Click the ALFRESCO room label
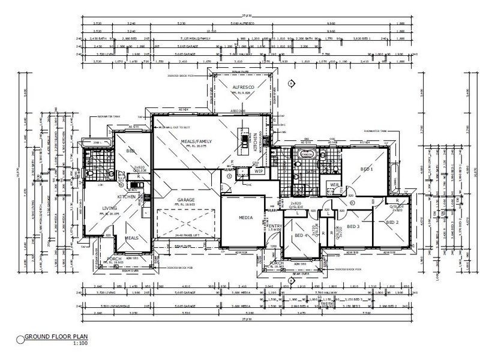[244, 88]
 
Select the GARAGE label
[186, 199]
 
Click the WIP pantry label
[259, 171]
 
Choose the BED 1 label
[367, 169]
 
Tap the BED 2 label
[392, 223]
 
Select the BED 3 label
[353, 226]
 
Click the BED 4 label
[301, 235]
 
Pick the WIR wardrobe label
[334, 185]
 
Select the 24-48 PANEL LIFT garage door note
[186, 236]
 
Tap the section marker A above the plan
[290, 83]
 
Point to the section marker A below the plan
[290, 280]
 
